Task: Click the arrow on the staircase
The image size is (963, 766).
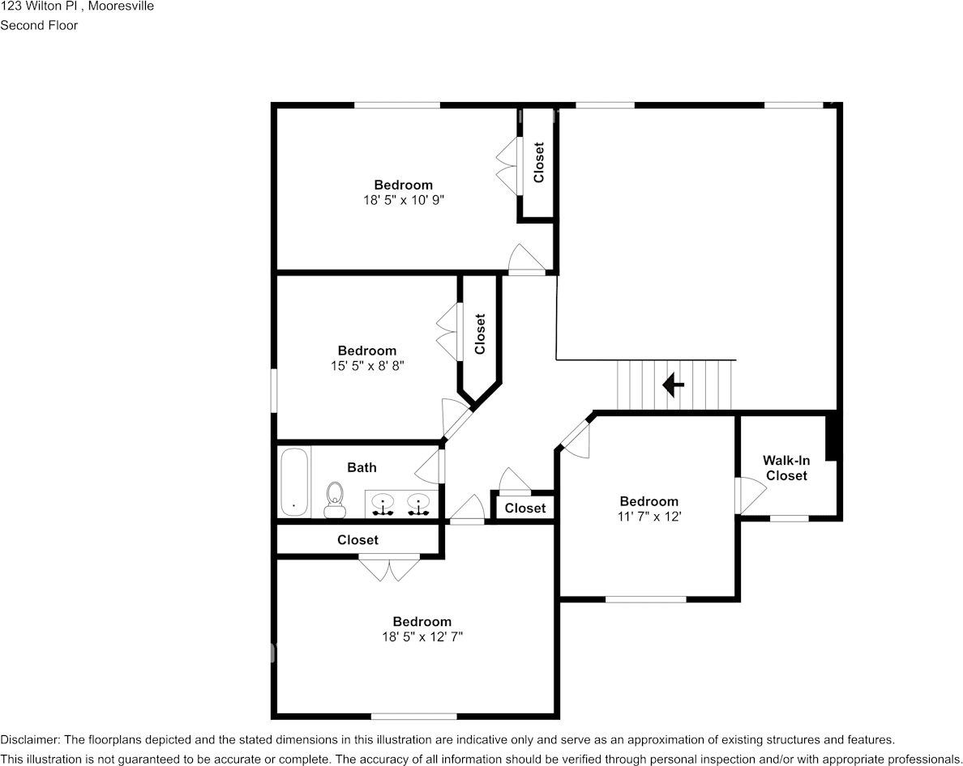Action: pos(673,385)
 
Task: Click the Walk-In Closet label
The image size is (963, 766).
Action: pos(786,468)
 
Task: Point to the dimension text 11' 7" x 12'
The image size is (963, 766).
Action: pos(648,516)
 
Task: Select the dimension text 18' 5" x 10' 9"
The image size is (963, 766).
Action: pos(403,199)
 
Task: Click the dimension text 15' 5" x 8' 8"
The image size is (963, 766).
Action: pos(367,365)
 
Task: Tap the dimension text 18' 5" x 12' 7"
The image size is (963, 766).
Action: pos(422,636)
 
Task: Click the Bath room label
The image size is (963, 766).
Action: pos(362,467)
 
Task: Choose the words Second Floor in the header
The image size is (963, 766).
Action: pos(39,25)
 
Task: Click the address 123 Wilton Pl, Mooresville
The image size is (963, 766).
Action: pos(77,6)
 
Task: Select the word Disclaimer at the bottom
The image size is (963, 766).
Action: pos(29,739)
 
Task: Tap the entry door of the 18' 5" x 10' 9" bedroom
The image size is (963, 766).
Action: pos(526,259)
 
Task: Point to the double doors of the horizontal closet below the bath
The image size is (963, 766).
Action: pos(389,567)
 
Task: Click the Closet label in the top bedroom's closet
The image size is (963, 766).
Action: pos(538,162)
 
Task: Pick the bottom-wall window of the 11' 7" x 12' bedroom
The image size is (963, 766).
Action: pos(646,599)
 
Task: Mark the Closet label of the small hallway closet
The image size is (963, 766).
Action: pos(524,509)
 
